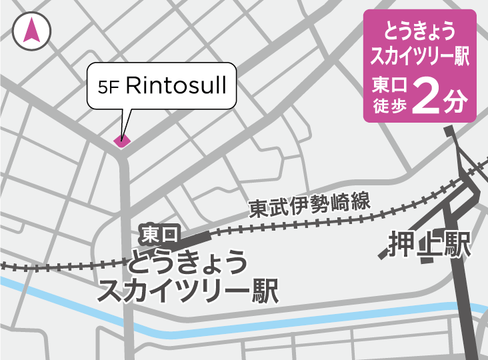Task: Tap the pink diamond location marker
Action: pos(121,140)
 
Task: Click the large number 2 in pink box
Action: pos(425,97)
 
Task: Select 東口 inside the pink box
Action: pos(388,86)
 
